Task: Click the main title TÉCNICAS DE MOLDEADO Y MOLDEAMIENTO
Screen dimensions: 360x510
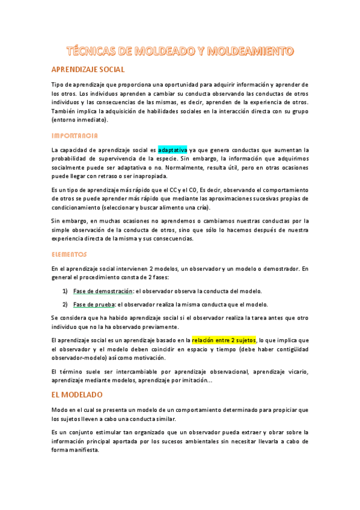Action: click(180, 51)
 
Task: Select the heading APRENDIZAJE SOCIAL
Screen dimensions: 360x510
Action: click(88, 70)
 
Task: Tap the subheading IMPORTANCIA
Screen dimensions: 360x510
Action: click(75, 136)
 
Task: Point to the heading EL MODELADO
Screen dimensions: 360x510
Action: click(77, 395)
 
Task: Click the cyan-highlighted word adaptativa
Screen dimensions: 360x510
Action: click(172, 150)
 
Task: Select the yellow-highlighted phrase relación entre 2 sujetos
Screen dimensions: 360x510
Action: click(224, 340)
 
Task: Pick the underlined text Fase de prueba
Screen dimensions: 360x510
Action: click(94, 304)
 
